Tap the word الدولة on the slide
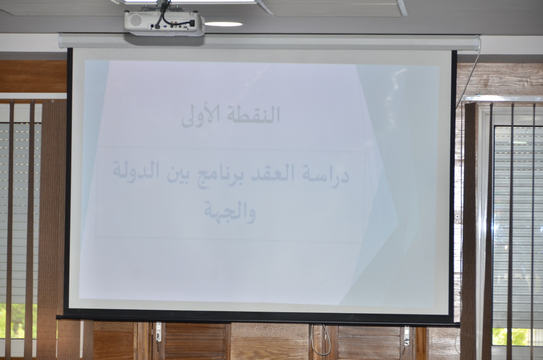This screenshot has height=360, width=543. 136,172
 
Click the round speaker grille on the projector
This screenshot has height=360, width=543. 136,19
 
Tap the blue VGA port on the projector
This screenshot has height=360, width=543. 165,26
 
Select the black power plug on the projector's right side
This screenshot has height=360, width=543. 191,23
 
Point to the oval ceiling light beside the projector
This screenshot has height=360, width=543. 223,24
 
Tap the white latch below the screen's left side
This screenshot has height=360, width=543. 158,332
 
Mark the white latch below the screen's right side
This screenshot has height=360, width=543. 407,336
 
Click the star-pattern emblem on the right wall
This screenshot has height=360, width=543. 458,217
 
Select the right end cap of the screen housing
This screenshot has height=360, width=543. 477,43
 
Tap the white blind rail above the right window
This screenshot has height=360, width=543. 503,99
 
